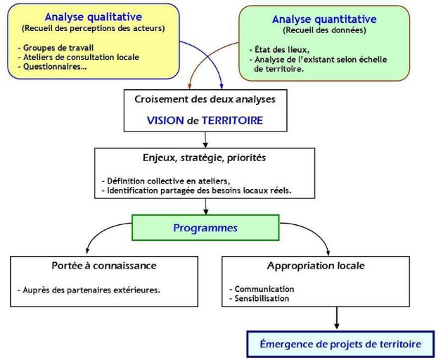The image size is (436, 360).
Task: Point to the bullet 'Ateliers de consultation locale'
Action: (79, 57)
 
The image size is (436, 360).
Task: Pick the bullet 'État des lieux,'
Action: (280, 51)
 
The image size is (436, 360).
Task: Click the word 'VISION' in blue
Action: (165, 120)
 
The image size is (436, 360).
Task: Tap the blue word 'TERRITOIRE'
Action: (232, 120)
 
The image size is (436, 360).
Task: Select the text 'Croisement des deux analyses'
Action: (205, 99)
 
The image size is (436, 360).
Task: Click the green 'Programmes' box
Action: (205, 228)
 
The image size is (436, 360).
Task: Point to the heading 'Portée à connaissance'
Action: (104, 266)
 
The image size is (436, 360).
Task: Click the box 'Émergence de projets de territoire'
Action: (340, 344)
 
